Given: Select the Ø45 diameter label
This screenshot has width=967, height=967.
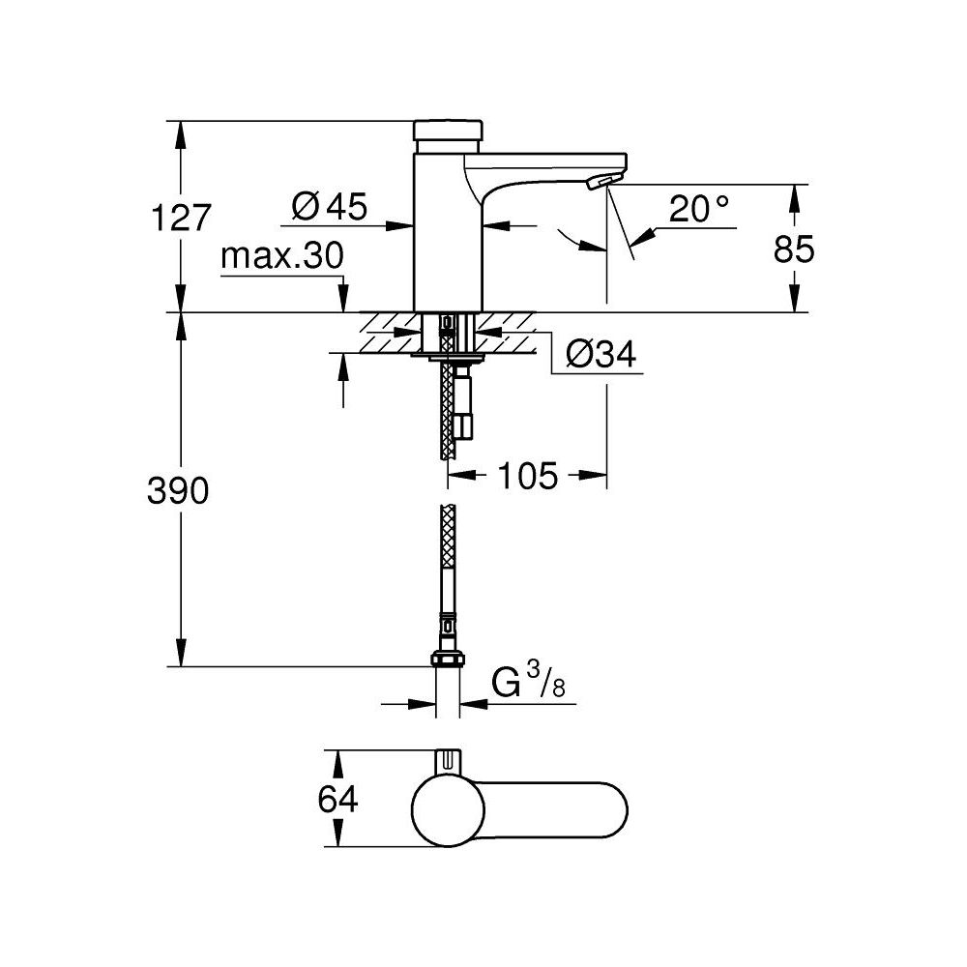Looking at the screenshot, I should click(330, 206).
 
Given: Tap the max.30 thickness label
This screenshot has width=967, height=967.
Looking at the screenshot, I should click(281, 257).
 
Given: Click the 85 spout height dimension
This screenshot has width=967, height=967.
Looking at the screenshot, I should click(794, 249).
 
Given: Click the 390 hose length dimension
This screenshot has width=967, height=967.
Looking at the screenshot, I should click(178, 491).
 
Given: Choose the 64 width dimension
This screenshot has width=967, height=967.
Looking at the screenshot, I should click(338, 801).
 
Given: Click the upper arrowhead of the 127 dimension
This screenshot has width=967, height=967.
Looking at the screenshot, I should click(180, 132).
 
